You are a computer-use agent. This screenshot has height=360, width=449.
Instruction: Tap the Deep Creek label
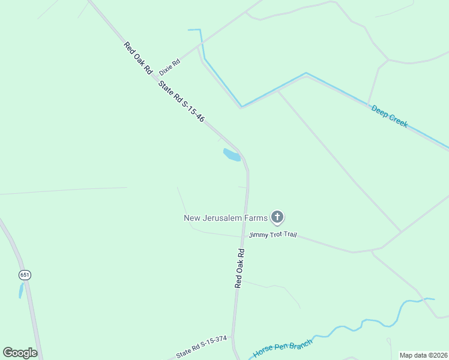[390, 116]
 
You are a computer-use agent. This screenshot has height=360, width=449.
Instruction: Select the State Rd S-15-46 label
[181, 102]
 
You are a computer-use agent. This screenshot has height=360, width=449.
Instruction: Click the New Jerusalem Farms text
[225, 218]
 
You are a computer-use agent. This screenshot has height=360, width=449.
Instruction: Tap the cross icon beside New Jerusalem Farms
[277, 217]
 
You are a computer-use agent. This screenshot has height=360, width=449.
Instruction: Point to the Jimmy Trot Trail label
[273, 235]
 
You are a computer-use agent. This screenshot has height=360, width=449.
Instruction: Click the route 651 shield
[25, 275]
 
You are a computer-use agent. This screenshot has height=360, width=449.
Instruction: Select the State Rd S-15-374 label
[201, 347]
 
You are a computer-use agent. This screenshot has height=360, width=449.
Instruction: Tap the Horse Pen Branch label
[283, 348]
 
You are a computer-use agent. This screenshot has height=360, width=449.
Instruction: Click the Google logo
[20, 353]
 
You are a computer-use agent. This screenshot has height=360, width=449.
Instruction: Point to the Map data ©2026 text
[423, 355]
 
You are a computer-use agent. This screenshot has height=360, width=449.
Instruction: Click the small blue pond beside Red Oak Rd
[232, 155]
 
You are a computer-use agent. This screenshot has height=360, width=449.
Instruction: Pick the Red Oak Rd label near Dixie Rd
[137, 58]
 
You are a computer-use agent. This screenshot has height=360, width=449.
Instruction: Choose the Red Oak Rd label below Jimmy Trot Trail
[240, 268]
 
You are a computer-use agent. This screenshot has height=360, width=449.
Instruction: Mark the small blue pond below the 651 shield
[21, 291]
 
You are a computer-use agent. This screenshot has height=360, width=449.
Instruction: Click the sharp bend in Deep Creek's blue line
[241, 107]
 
